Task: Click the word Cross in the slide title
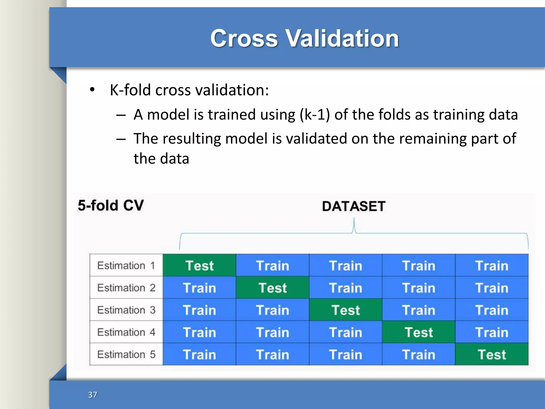click(x=244, y=38)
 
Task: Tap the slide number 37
click(x=92, y=395)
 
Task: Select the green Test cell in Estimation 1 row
click(x=199, y=265)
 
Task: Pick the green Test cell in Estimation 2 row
click(x=272, y=288)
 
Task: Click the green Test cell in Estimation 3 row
click(x=345, y=310)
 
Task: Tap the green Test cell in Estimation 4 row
click(x=419, y=332)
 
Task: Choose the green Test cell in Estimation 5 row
click(x=492, y=354)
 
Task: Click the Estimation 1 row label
click(x=126, y=265)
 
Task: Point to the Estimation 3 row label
click(x=126, y=310)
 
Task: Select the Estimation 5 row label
click(x=126, y=354)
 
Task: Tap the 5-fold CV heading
click(x=111, y=206)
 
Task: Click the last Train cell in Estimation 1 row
click(x=492, y=265)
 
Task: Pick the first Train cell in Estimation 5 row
click(x=199, y=354)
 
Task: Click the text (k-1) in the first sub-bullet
click(x=315, y=115)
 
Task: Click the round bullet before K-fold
click(x=92, y=90)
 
